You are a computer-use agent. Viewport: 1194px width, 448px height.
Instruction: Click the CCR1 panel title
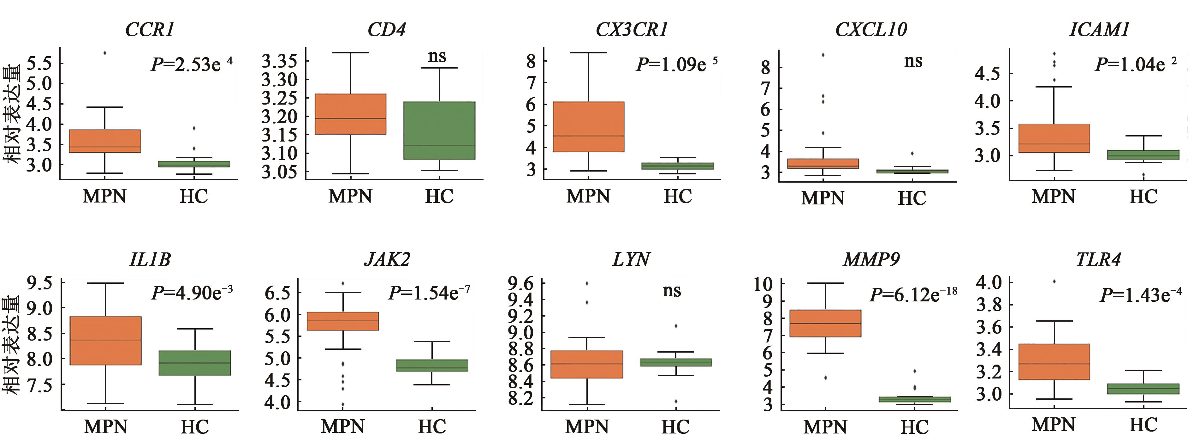click(x=150, y=30)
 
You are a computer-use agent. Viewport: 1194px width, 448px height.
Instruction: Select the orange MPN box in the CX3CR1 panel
click(x=589, y=127)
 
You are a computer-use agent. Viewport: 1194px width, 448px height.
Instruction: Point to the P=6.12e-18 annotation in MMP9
click(x=913, y=294)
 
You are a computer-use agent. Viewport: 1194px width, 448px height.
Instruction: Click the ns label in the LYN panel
click(x=672, y=291)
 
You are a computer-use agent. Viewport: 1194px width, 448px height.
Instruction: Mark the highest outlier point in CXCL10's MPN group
click(x=823, y=55)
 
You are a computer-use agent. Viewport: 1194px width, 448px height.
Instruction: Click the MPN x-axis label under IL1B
click(x=106, y=427)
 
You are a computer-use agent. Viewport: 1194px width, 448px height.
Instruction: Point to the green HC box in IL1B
click(x=195, y=363)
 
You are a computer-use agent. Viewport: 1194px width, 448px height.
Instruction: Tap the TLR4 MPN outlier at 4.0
click(x=1054, y=281)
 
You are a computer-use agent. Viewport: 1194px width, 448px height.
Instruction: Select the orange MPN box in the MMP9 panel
click(x=825, y=323)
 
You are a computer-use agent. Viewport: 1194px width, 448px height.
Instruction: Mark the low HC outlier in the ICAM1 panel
click(x=1144, y=175)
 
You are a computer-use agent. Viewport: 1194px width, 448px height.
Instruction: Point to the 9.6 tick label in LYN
click(x=520, y=283)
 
